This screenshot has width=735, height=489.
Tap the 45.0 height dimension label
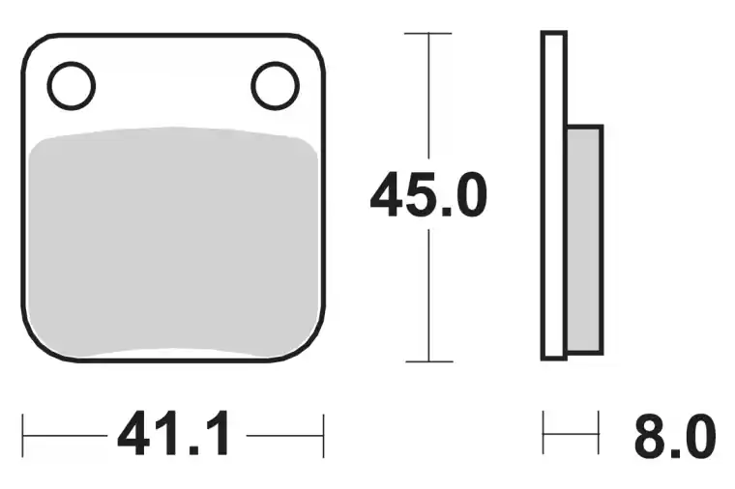coord(428,194)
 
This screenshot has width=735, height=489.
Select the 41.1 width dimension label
coord(174,434)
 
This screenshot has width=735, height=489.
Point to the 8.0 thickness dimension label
coord(675,436)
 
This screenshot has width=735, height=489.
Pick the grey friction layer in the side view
coord(584,240)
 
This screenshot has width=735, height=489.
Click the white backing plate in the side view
coord(554,196)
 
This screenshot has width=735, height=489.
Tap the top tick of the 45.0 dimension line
coord(428,33)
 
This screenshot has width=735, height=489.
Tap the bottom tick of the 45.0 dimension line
coord(428,361)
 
